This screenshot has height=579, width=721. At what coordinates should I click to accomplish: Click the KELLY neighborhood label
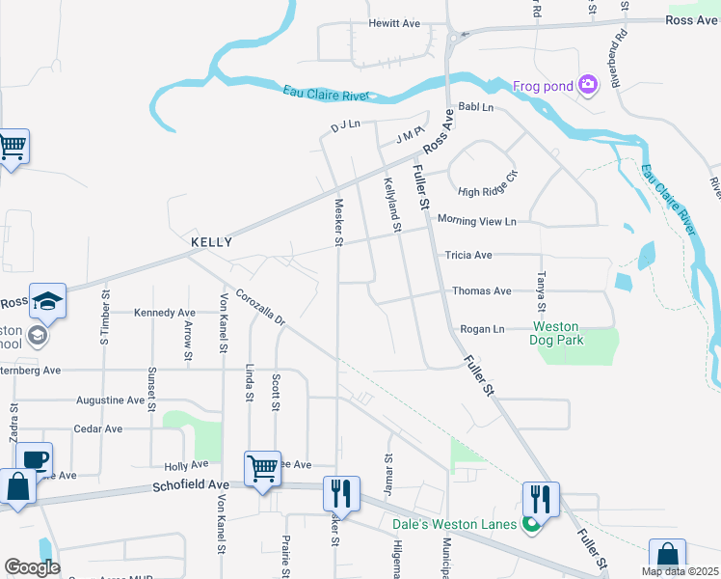211,242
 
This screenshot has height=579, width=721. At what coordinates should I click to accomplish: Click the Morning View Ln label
476,221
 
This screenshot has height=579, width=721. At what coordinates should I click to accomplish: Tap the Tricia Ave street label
468,256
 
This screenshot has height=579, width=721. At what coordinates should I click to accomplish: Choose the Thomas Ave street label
481,290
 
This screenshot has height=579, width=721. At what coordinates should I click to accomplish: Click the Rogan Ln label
482,329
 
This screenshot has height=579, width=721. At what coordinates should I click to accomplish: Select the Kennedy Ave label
164,313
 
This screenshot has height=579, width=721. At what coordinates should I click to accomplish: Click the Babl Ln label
475,107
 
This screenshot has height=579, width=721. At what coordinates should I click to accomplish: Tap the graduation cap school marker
47,300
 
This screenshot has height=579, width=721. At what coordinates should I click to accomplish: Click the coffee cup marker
34,459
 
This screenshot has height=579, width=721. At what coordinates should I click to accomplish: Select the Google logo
32,567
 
